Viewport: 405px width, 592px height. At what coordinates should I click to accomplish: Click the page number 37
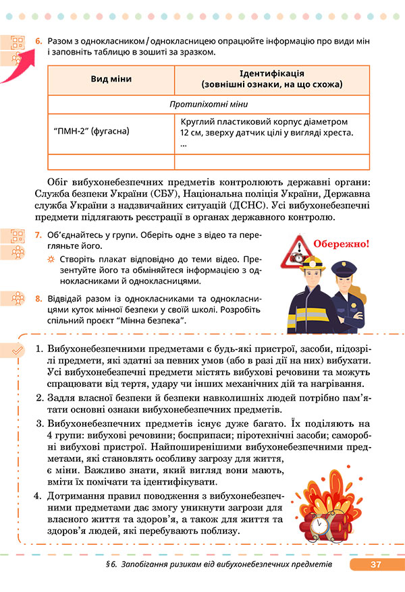tap(376, 564)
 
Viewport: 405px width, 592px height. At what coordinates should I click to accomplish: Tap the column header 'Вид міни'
tap(111, 80)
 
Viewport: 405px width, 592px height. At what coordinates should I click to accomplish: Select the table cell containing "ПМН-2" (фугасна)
tap(91, 131)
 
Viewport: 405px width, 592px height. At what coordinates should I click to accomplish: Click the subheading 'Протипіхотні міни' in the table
tap(209, 105)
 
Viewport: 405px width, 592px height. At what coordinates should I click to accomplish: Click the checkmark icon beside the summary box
tap(18, 349)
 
